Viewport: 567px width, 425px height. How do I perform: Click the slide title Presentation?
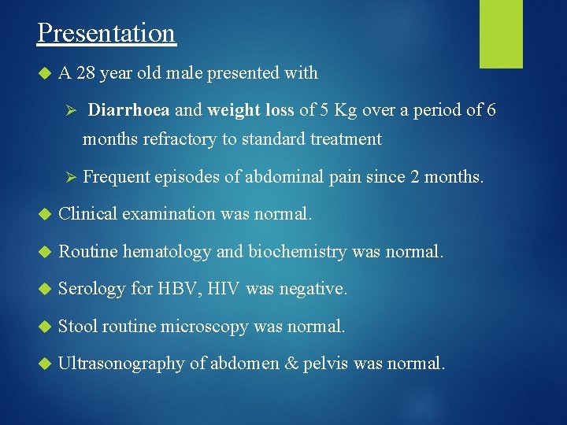[106, 33]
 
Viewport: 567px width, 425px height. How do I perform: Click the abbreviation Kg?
[346, 110]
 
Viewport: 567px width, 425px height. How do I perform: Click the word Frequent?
[117, 177]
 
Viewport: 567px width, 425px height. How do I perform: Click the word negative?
[313, 289]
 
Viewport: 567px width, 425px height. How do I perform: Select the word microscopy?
[205, 326]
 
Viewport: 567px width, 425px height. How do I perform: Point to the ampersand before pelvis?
[295, 364]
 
